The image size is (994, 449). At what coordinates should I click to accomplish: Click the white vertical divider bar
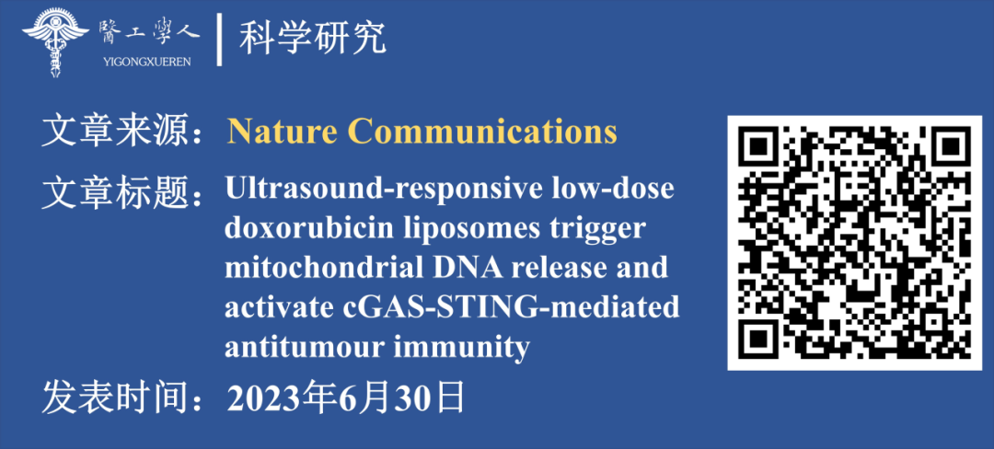tap(219, 40)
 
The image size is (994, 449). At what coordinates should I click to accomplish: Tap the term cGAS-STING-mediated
tap(514, 308)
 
